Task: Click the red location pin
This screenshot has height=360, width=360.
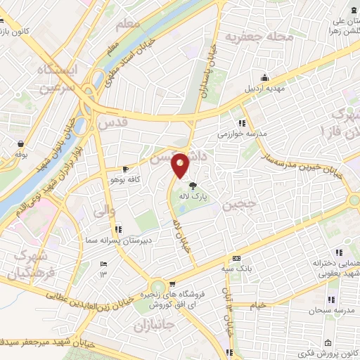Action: coord(181,165)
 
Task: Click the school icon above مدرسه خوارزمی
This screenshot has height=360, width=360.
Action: coord(243,122)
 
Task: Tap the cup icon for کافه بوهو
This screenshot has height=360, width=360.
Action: coord(126,169)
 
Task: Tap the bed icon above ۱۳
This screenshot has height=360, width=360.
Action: coord(103,264)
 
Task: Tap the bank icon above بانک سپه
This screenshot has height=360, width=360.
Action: coord(238,259)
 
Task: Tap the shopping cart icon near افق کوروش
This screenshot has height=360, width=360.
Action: coord(171,284)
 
